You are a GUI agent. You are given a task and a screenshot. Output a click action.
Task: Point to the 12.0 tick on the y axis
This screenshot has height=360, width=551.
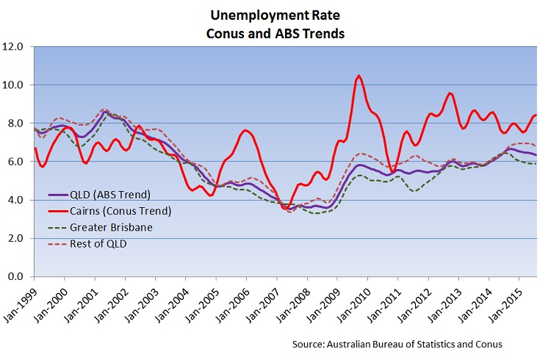click(14, 47)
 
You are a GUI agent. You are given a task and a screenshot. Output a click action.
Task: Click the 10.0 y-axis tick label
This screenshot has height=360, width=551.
click(14, 85)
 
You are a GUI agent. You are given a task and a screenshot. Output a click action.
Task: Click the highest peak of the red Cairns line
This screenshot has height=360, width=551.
click(359, 76)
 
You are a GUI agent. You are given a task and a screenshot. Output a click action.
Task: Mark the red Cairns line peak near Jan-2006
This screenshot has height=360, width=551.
click(245, 130)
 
